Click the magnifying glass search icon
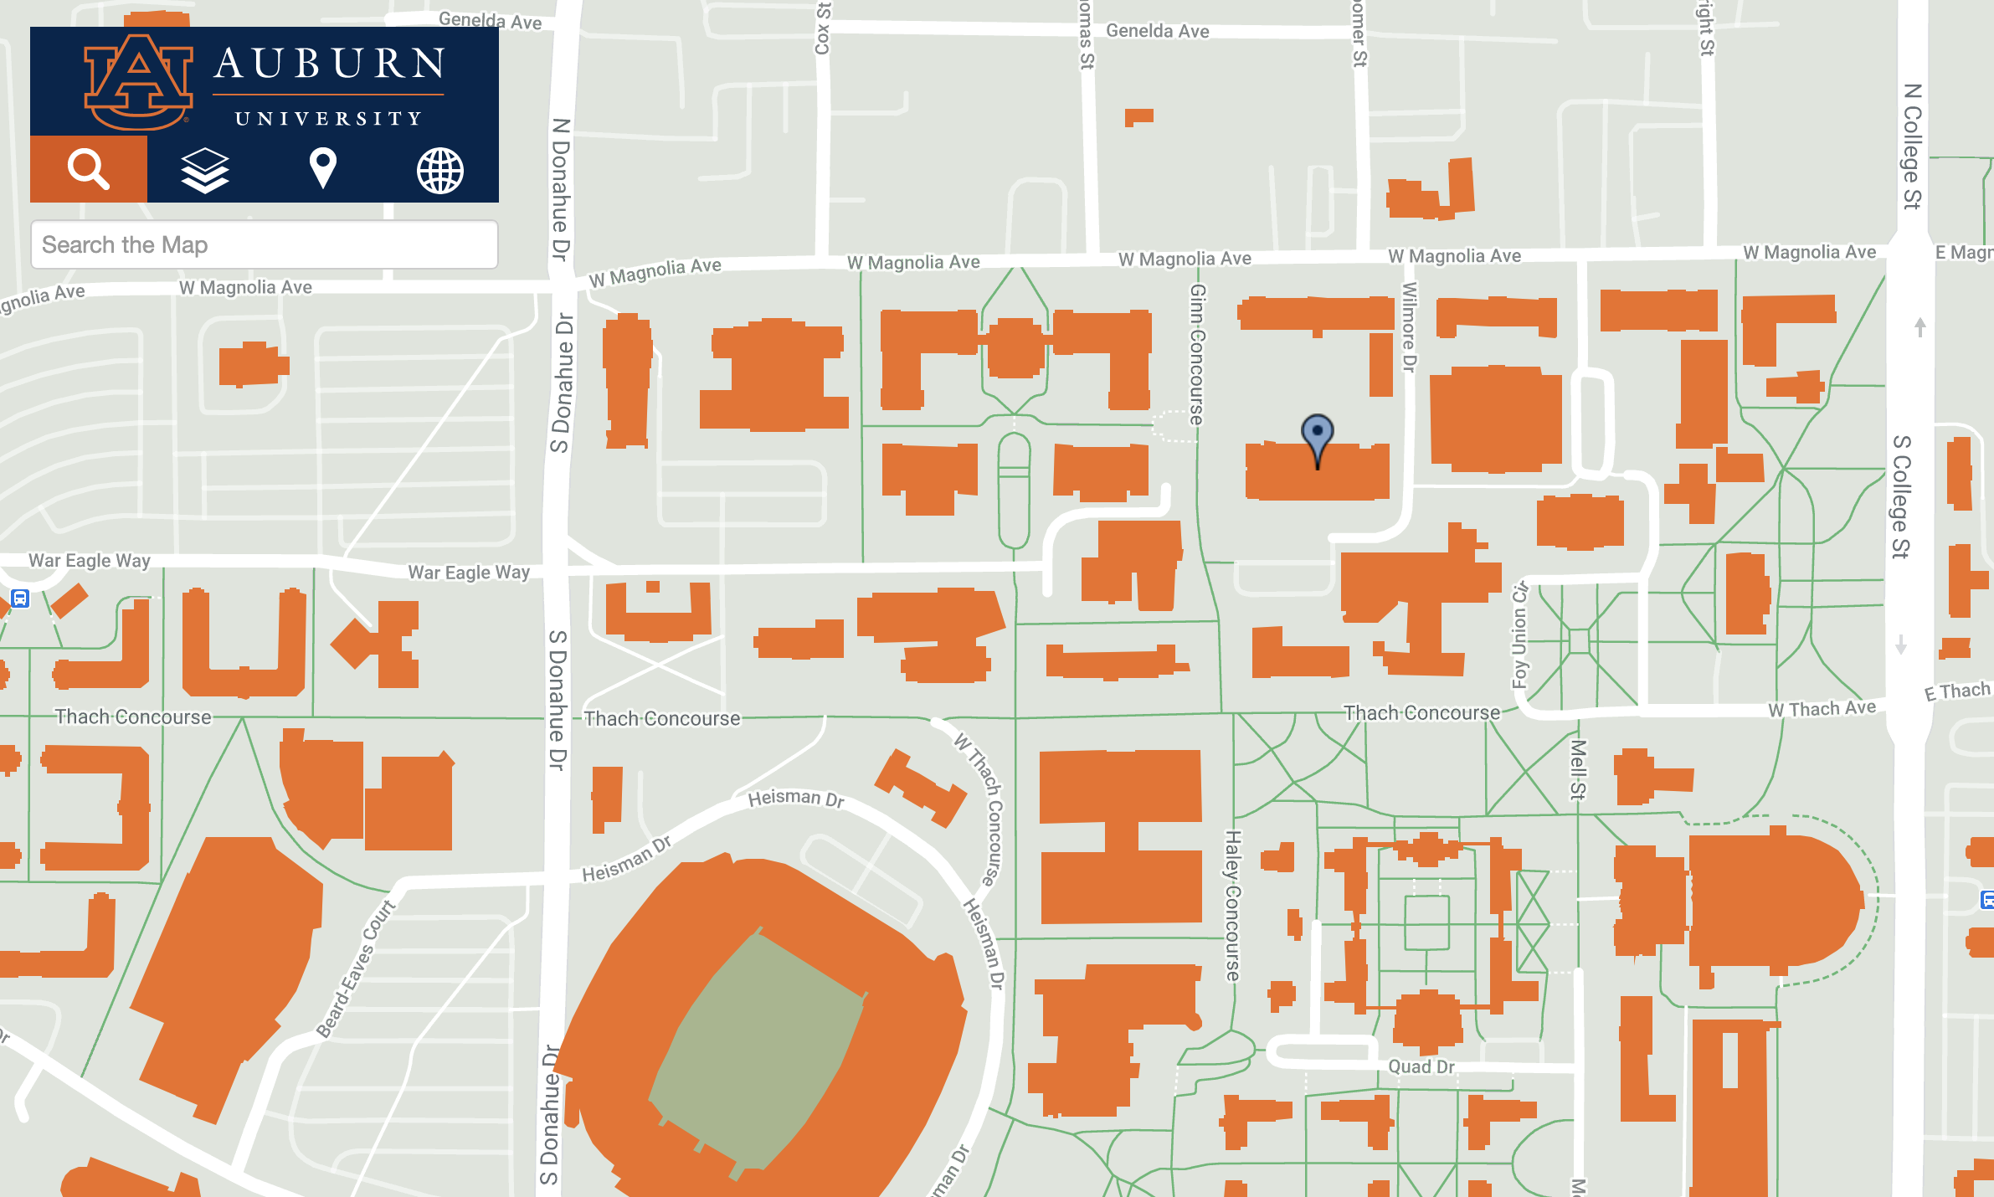(x=88, y=169)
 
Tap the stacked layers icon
(x=205, y=170)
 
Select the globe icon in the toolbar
(x=439, y=171)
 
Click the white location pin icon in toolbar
(x=322, y=168)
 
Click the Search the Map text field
(x=264, y=244)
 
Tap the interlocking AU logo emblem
(x=138, y=82)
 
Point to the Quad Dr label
(x=1421, y=1066)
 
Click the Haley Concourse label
(x=1232, y=905)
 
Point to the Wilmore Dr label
(x=1410, y=326)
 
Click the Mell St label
(x=1577, y=768)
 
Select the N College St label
(x=1912, y=146)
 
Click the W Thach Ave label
(x=1822, y=709)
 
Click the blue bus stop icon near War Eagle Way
(x=20, y=598)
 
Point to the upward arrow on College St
(x=1920, y=326)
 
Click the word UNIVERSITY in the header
(x=328, y=119)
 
